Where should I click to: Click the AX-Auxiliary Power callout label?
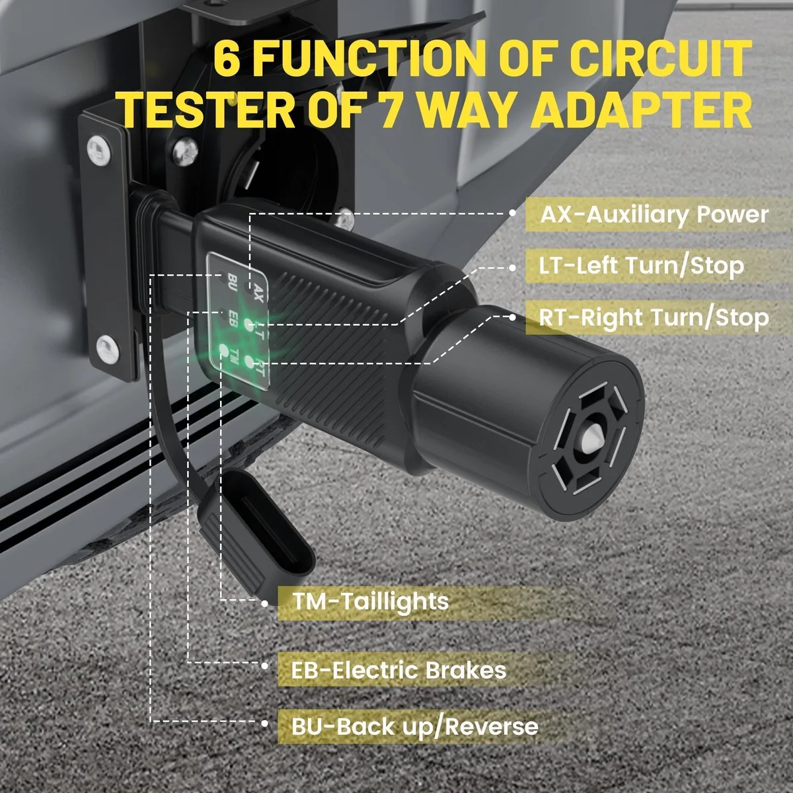point(654,215)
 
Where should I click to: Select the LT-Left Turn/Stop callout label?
point(642,266)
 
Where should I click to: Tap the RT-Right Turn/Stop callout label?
point(654,318)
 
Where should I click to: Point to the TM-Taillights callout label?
point(370,601)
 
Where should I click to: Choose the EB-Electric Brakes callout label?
point(398,670)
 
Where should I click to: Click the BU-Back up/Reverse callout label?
point(415,726)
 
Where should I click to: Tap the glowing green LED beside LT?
point(248,324)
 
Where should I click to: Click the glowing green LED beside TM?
point(223,350)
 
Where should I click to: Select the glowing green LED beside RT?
point(249,361)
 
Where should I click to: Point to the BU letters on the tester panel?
point(233,282)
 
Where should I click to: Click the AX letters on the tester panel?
point(258,293)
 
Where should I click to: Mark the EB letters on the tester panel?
point(233,319)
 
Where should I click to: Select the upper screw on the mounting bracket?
point(98,150)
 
